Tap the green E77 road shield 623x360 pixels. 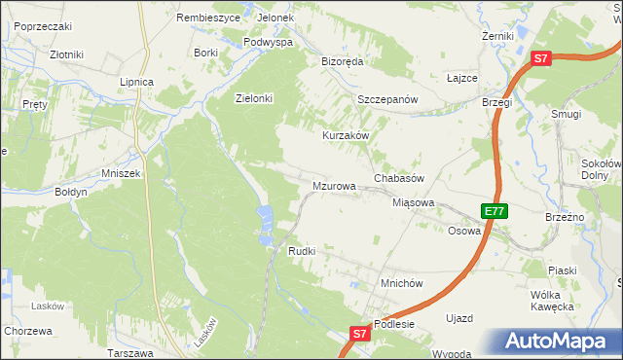pyautogui.click(x=494, y=211)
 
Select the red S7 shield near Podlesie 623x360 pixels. pyautogui.click(x=359, y=334)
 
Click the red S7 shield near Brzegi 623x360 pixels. pyautogui.click(x=542, y=59)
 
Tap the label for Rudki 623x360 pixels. pyautogui.click(x=301, y=251)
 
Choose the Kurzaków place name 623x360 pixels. pyautogui.click(x=346, y=135)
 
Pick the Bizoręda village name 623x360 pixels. pyautogui.click(x=342, y=60)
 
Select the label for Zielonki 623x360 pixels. pyautogui.click(x=254, y=98)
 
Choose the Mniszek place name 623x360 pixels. pyautogui.click(x=121, y=173)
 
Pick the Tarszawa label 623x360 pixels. pyautogui.click(x=133, y=352)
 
